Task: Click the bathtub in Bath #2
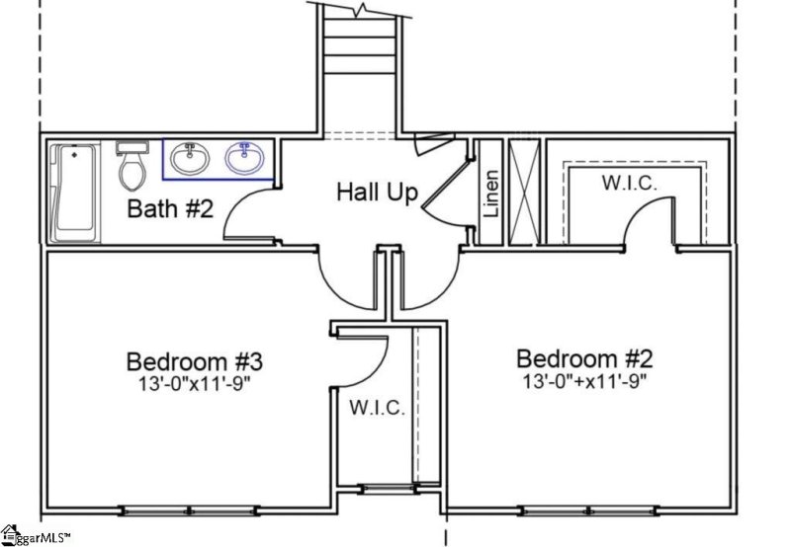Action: [75, 192]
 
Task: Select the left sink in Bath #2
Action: [188, 158]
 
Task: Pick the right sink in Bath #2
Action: [241, 158]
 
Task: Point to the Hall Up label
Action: [377, 192]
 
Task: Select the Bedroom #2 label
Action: [584, 357]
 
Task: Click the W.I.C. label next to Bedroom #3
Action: [375, 408]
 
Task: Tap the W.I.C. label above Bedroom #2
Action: [631, 183]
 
